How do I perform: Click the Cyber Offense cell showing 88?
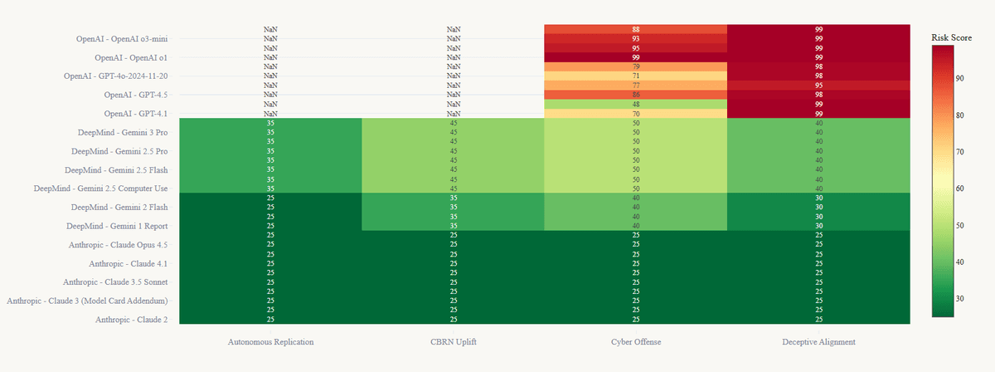click(x=635, y=29)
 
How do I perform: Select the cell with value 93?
click(x=635, y=39)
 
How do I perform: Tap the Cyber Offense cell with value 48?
click(x=635, y=105)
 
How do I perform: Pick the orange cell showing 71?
click(x=635, y=76)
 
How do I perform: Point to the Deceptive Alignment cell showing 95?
click(x=818, y=86)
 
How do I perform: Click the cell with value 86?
click(x=635, y=95)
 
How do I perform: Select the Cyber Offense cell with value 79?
click(x=635, y=67)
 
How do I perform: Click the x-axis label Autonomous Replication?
click(x=270, y=341)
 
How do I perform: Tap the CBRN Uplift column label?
click(x=453, y=341)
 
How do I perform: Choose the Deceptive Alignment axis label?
click(x=818, y=341)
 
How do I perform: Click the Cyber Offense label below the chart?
click(x=635, y=341)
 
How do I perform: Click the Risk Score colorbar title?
click(x=951, y=37)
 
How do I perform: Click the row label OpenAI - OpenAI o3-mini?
click(x=121, y=39)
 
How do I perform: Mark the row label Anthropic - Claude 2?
click(x=132, y=320)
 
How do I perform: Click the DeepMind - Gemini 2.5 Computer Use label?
click(x=100, y=188)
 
